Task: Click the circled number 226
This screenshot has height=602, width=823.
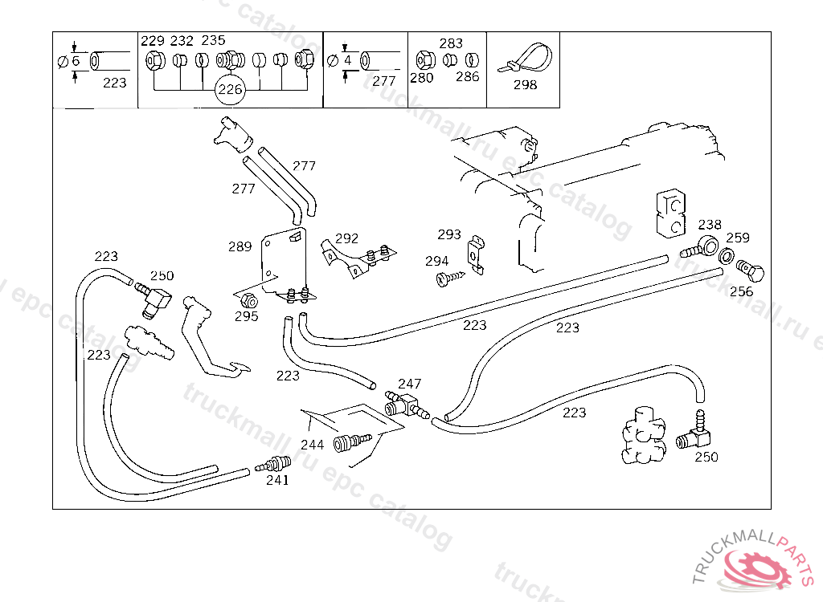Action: click(230, 90)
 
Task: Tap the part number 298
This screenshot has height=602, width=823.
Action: click(525, 84)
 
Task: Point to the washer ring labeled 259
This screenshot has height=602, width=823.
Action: click(725, 256)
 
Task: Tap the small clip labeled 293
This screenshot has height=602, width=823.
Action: click(477, 253)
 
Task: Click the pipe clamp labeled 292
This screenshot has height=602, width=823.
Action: click(358, 258)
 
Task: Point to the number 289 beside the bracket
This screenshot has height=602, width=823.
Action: click(240, 246)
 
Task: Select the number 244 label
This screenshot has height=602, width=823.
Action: click(312, 445)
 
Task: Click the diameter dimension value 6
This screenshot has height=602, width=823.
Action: click(76, 61)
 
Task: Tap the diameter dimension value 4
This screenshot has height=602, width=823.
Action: click(347, 60)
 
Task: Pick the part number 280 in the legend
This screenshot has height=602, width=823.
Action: click(421, 78)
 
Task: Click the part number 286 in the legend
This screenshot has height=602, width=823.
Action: click(467, 77)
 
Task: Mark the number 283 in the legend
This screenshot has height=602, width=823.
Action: click(451, 43)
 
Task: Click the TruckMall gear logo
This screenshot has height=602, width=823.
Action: click(756, 565)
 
